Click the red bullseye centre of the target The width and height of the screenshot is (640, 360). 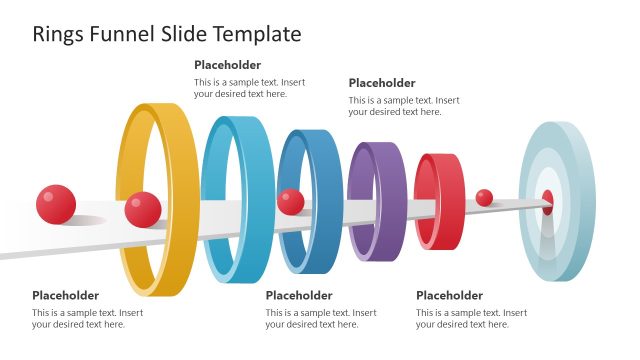(547, 202)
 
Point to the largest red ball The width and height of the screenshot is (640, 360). (56, 204)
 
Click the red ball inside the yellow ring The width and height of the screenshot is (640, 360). (143, 209)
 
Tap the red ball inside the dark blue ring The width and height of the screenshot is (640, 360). (291, 201)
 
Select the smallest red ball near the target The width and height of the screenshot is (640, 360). (484, 198)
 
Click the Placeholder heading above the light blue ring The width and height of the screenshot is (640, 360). (227, 65)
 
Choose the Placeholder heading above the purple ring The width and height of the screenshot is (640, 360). (381, 83)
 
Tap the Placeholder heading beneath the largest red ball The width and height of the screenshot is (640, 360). (65, 295)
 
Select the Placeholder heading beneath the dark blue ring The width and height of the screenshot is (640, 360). (299, 295)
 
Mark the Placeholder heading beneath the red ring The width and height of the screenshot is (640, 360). (449, 295)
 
